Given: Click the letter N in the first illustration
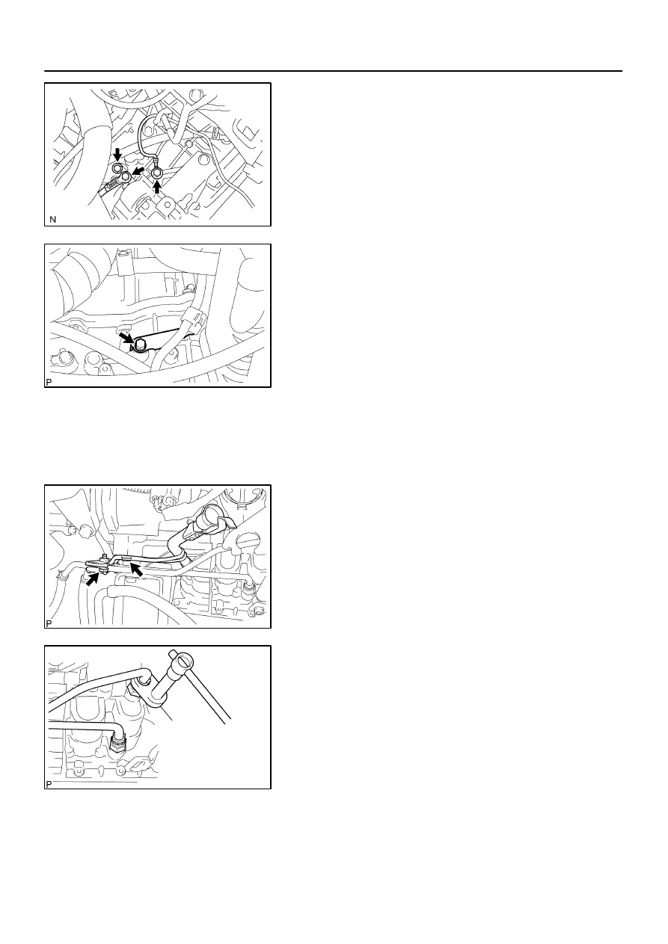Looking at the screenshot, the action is point(52,220).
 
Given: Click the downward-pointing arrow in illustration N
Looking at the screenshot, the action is point(118,154).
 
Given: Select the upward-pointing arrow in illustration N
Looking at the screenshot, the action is point(157,186).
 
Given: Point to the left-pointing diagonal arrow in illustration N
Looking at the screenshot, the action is point(138,170).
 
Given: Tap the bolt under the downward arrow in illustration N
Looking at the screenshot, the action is point(117,167).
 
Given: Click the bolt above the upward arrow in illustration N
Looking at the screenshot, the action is point(157,173).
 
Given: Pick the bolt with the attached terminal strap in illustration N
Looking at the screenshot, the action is point(126,177).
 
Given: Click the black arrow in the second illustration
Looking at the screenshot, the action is point(126,338).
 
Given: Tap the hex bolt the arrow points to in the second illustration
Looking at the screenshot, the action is point(141,345).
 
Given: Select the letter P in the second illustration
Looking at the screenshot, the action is point(49,382).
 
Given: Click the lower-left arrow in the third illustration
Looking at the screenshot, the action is point(92,579).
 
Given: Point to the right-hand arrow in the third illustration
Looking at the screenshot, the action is point(136,570).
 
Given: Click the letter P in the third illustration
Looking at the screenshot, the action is point(49,623).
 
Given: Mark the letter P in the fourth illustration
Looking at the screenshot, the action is point(49,784).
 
